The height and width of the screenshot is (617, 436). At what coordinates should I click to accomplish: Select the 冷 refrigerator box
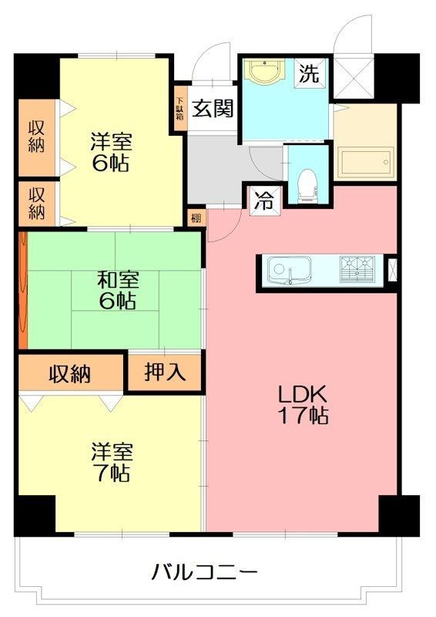click(x=263, y=201)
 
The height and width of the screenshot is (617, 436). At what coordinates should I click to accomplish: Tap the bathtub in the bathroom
click(x=367, y=164)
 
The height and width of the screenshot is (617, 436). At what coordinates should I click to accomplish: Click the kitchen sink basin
click(x=289, y=270)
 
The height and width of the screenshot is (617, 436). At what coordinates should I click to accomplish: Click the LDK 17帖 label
click(x=304, y=404)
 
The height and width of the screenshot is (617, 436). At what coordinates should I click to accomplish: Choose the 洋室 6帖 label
click(x=111, y=152)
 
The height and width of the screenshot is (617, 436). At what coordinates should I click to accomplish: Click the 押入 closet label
click(x=165, y=373)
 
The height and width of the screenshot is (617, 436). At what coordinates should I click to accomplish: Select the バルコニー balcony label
click(x=203, y=573)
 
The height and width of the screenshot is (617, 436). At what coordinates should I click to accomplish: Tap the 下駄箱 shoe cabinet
click(x=179, y=109)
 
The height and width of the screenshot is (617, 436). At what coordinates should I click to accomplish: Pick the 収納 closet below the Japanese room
click(x=70, y=374)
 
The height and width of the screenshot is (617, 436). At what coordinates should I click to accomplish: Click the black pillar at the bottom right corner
click(x=399, y=514)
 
